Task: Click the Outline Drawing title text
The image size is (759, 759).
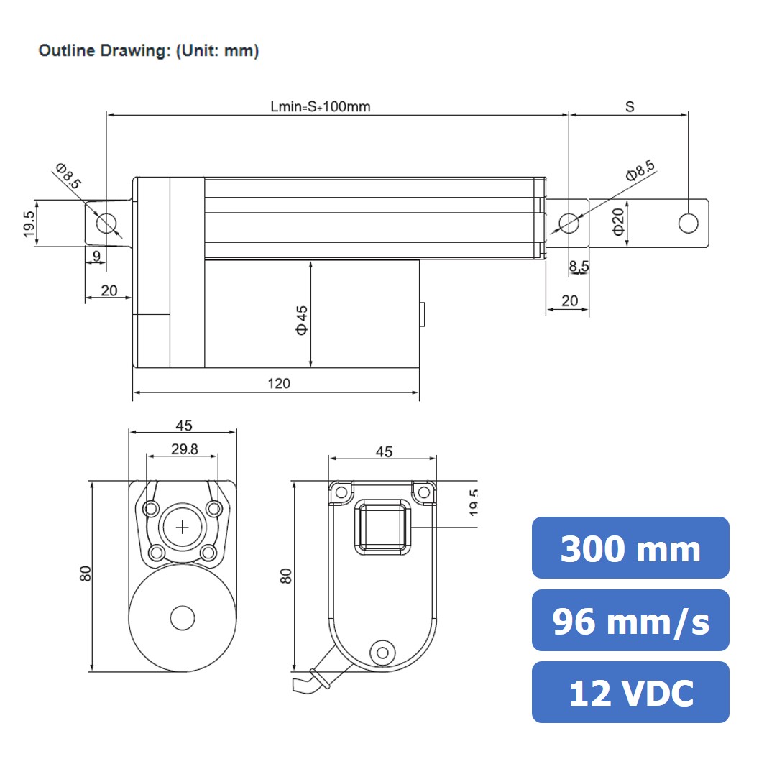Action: [148, 51]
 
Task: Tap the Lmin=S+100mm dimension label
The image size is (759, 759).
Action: [321, 106]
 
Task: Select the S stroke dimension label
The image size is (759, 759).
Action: [630, 106]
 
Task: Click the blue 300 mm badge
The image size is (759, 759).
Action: [630, 548]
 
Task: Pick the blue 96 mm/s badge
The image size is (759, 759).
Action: [630, 620]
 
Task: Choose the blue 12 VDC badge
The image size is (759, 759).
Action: [630, 692]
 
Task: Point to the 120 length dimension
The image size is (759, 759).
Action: [279, 383]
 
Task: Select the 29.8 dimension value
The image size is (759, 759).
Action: [184, 449]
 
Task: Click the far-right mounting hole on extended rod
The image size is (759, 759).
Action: [688, 223]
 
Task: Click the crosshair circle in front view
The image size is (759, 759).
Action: [183, 527]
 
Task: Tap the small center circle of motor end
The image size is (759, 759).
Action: [183, 617]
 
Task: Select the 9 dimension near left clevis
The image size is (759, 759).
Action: [96, 255]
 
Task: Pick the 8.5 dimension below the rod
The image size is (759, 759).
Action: [579, 266]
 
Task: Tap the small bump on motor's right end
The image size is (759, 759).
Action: [423, 314]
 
